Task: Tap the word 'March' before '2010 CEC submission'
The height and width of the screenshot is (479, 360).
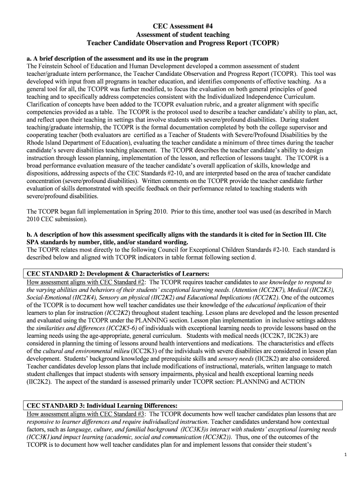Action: coord(322,211)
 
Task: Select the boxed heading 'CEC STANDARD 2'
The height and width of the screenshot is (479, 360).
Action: coord(51,274)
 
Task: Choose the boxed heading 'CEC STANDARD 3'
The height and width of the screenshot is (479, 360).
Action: coord(51,405)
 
